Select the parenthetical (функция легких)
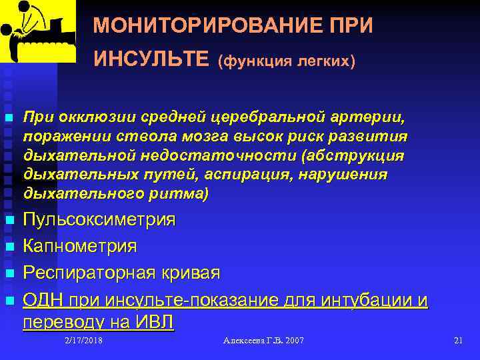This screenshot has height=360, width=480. coord(286,61)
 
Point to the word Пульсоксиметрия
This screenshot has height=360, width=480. coord(99,220)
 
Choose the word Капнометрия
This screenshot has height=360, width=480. coord(80,247)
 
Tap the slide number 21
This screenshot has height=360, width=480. coord(457,341)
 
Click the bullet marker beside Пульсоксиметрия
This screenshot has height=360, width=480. coord(9,221)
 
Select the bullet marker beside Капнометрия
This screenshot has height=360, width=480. coord(9,247)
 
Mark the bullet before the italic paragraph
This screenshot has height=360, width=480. coord(9,118)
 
